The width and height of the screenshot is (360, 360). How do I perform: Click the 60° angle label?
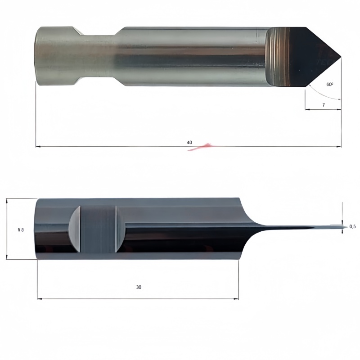click(330, 84)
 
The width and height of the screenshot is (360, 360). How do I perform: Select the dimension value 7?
click(324, 105)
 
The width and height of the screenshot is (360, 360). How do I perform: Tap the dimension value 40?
click(189, 142)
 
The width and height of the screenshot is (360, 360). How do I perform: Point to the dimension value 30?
click(139, 287)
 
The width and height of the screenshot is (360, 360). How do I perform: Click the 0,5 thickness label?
click(352, 227)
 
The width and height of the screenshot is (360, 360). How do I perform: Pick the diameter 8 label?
click(21, 229)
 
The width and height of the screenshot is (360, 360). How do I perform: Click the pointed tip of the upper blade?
click(341, 57)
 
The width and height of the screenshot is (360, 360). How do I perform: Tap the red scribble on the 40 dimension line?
click(200, 147)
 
